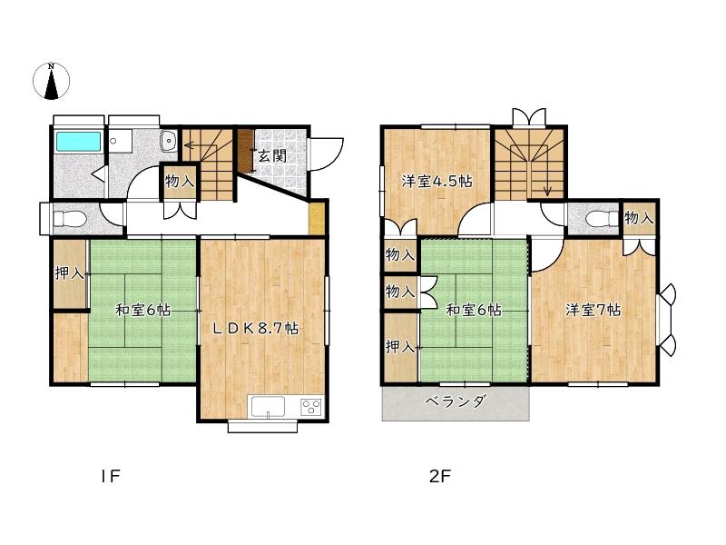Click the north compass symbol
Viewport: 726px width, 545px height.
[52, 81]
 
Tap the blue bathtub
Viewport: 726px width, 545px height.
[78, 142]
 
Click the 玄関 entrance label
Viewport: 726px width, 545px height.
[271, 155]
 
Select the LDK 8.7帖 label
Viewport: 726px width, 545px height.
[255, 328]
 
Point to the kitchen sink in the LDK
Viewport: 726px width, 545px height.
[268, 407]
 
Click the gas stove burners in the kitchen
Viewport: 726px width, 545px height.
[311, 407]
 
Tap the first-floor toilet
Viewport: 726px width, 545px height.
[69, 218]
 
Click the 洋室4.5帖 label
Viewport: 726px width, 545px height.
[437, 181]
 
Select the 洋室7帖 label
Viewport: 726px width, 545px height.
[594, 310]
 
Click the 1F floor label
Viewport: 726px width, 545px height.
[111, 476]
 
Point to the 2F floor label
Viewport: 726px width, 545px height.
[440, 476]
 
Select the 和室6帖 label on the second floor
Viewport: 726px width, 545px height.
[474, 310]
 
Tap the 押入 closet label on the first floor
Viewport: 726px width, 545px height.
[70, 273]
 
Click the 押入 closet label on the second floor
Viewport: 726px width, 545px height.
[400, 347]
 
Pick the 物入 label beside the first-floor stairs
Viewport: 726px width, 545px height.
[180, 181]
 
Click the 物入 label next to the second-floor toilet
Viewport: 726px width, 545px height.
[640, 217]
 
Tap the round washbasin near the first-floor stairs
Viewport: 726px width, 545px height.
[169, 140]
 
